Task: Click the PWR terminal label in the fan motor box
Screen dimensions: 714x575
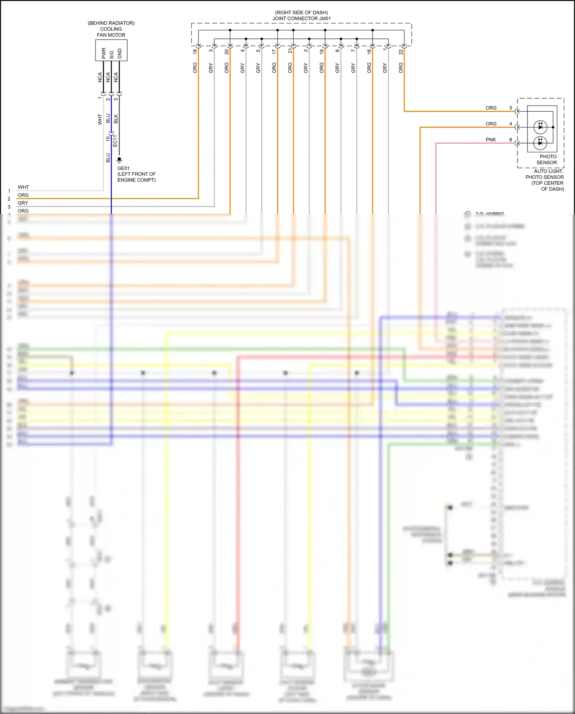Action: click(103, 53)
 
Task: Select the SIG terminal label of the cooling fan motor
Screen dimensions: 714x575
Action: click(112, 54)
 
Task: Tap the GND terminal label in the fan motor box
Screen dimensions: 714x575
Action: click(120, 53)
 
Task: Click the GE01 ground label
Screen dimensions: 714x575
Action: click(123, 168)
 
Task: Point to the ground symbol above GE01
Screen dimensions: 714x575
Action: click(119, 160)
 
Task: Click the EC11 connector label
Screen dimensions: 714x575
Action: click(115, 141)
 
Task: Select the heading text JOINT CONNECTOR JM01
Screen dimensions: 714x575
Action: click(301, 18)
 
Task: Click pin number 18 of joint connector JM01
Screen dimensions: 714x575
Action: click(195, 51)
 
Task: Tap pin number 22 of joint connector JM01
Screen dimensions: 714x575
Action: click(401, 51)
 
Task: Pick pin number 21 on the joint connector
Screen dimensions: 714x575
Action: click(290, 51)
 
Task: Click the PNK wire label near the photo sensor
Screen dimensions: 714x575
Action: click(491, 140)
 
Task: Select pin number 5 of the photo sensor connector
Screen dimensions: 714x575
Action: click(511, 108)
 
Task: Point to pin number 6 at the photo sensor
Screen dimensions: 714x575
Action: click(511, 140)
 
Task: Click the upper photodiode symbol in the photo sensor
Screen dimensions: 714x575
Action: click(540, 126)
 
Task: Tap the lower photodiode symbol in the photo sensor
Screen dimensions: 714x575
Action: click(540, 143)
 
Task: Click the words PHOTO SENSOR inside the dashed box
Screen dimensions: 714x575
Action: click(547, 159)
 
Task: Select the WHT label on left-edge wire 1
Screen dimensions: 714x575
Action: click(23, 187)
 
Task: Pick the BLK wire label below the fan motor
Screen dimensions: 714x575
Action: click(116, 119)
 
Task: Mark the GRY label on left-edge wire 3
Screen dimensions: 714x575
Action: click(23, 203)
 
